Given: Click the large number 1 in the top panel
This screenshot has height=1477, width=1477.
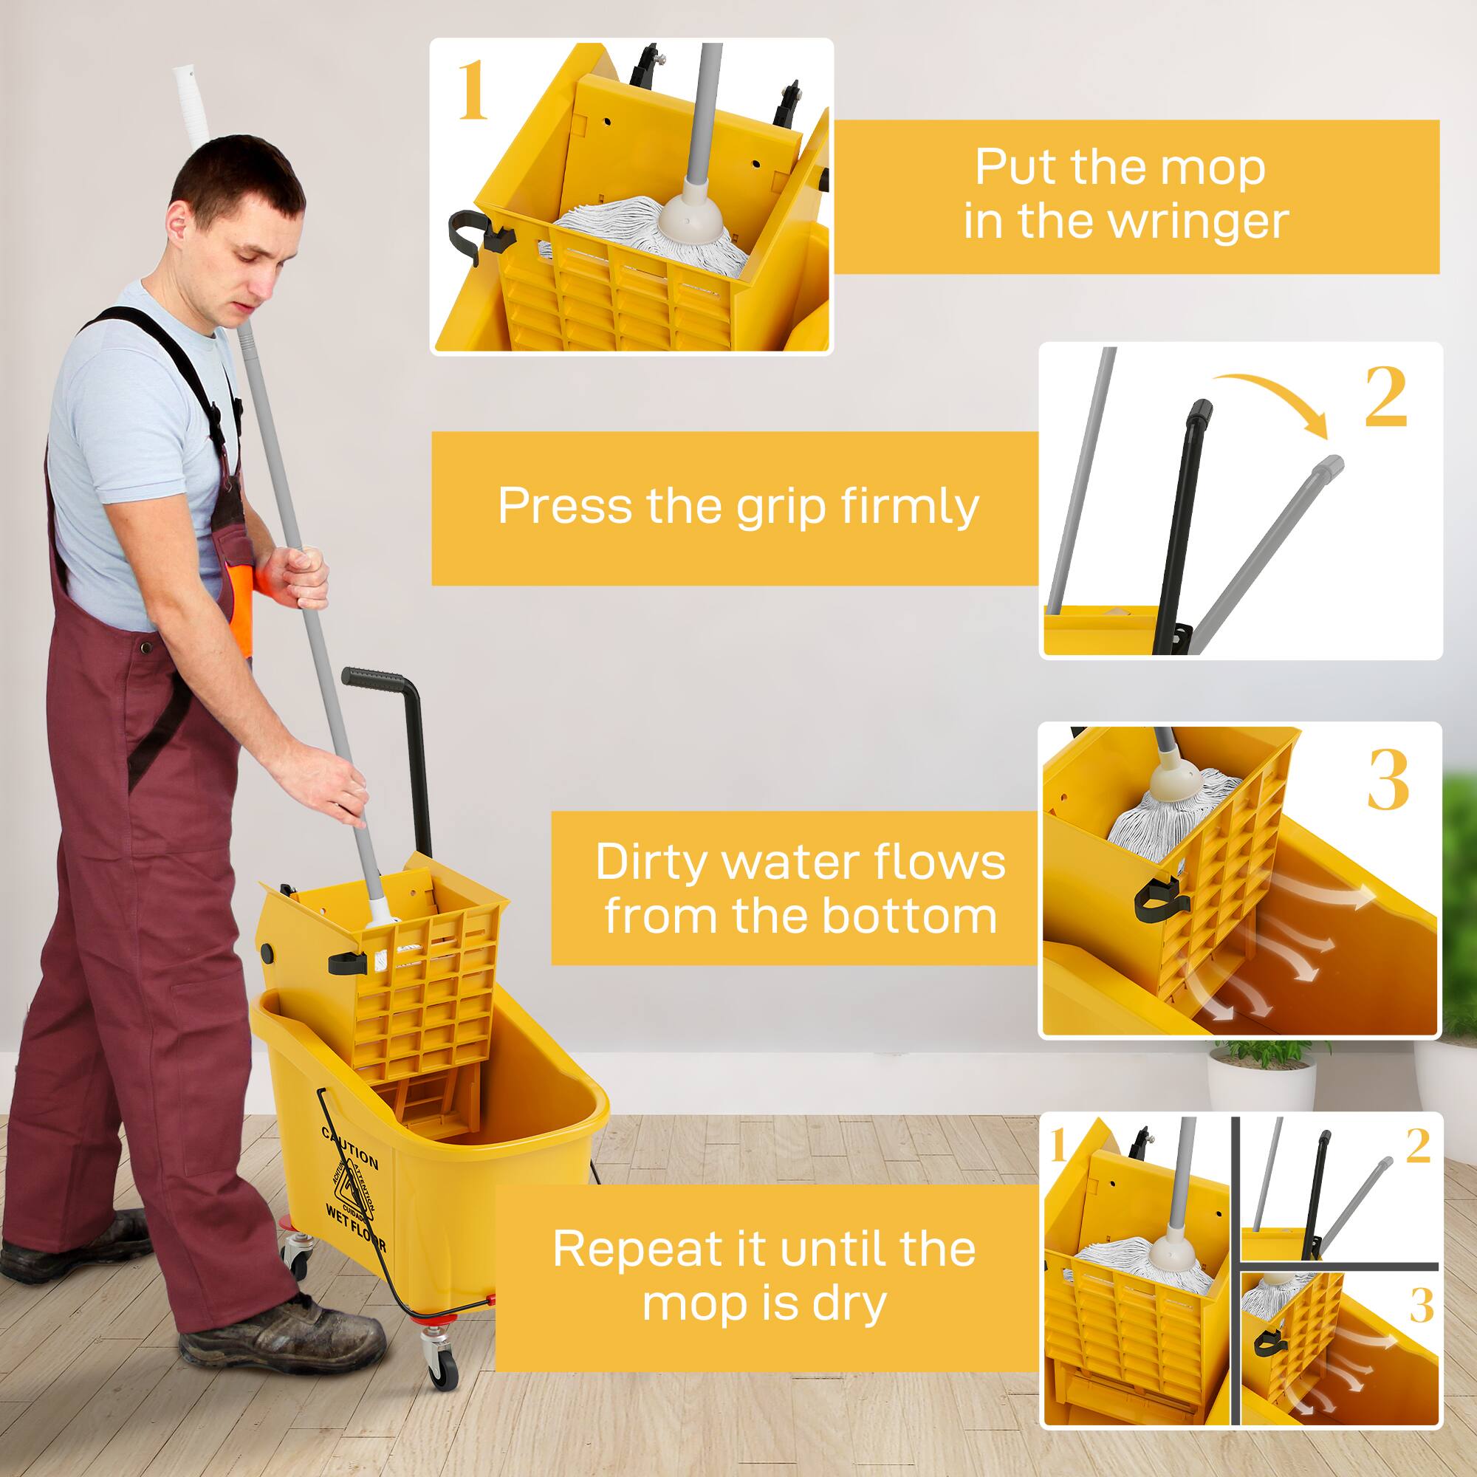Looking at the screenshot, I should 473,92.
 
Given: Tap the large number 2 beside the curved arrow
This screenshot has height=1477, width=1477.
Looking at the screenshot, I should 1385,397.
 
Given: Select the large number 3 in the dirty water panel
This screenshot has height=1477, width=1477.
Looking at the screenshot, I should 1387,781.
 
